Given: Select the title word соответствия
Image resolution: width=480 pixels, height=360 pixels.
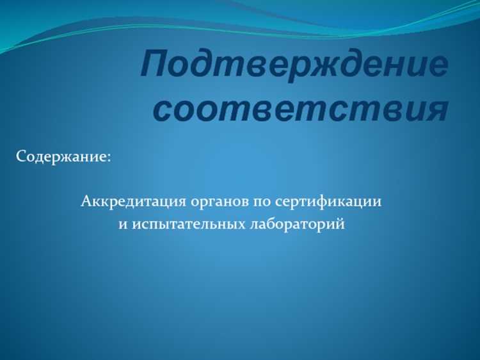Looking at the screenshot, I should [x=300, y=109].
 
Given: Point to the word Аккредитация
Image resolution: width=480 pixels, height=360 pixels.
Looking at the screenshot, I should [x=132, y=202].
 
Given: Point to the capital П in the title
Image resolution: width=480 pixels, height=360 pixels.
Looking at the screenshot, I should [x=156, y=65].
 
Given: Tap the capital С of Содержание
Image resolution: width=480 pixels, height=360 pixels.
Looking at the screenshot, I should [x=21, y=156].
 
